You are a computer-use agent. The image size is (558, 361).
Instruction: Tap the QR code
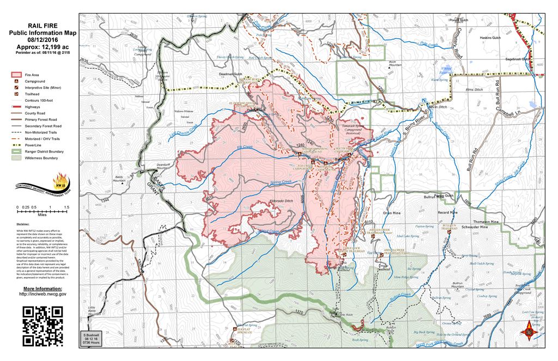tap(43, 326)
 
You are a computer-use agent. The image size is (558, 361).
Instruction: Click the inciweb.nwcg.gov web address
tap(43, 294)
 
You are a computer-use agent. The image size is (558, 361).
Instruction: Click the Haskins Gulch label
tap(490, 38)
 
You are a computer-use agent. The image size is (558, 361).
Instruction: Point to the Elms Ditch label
tap(475, 89)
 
